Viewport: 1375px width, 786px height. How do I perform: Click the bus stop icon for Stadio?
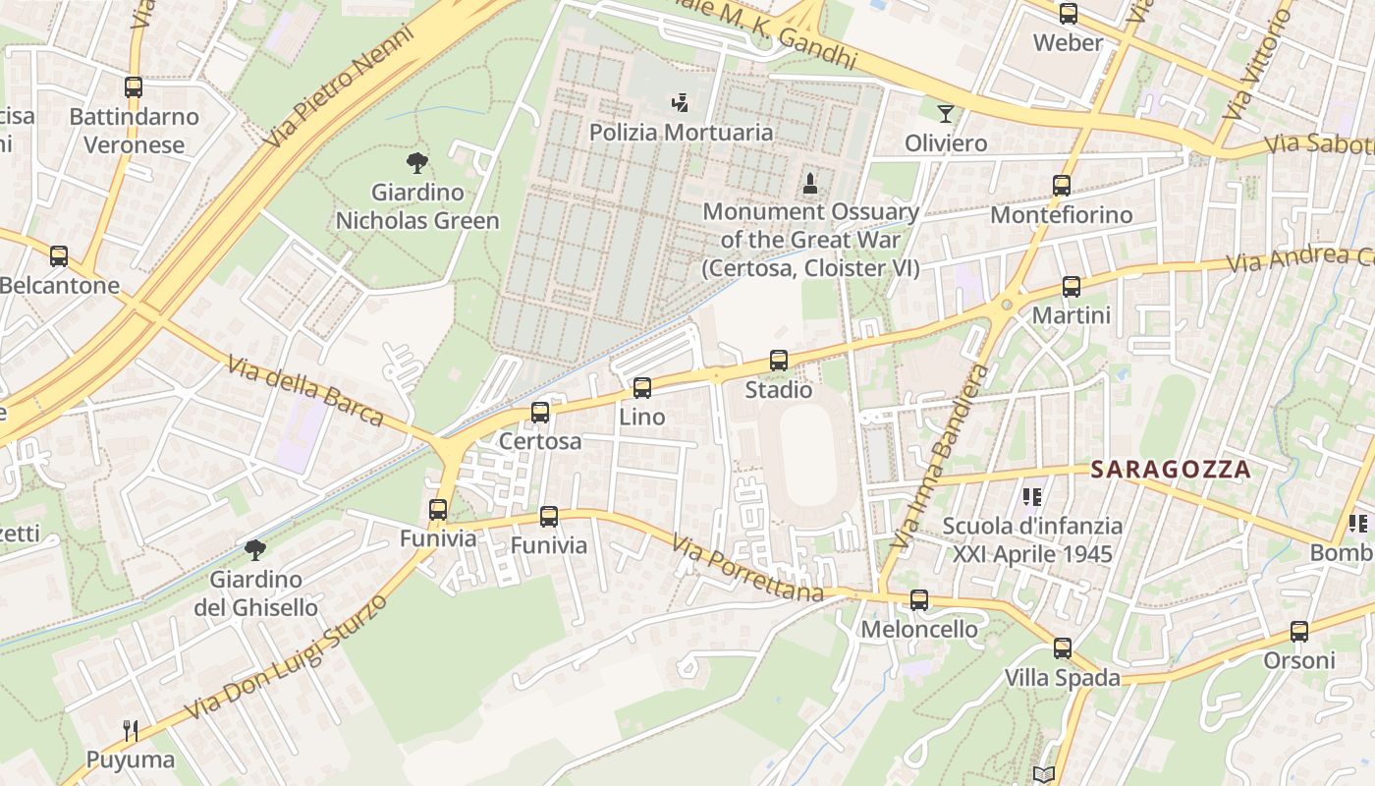click(x=779, y=361)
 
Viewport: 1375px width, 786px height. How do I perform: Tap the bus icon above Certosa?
click(x=540, y=413)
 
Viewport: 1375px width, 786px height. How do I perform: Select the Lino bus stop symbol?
click(x=642, y=388)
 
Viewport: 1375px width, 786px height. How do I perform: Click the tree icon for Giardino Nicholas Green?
click(x=416, y=163)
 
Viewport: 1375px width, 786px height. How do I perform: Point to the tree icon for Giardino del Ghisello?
click(x=255, y=549)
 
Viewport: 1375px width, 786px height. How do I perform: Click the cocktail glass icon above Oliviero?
click(x=945, y=114)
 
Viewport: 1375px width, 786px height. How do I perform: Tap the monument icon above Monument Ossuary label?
click(x=810, y=183)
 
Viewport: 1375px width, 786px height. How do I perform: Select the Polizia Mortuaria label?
click(x=681, y=132)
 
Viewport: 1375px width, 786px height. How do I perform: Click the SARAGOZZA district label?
click(x=1171, y=470)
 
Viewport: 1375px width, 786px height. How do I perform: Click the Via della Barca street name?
click(x=304, y=391)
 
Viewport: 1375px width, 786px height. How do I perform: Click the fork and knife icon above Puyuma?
click(x=131, y=730)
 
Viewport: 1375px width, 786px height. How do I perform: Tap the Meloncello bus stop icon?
click(x=919, y=599)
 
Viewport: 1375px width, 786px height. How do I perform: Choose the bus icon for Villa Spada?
click(x=1062, y=648)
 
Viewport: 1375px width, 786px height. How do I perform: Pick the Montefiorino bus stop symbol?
click(x=1062, y=186)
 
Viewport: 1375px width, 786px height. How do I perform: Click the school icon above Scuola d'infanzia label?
click(x=1031, y=497)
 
